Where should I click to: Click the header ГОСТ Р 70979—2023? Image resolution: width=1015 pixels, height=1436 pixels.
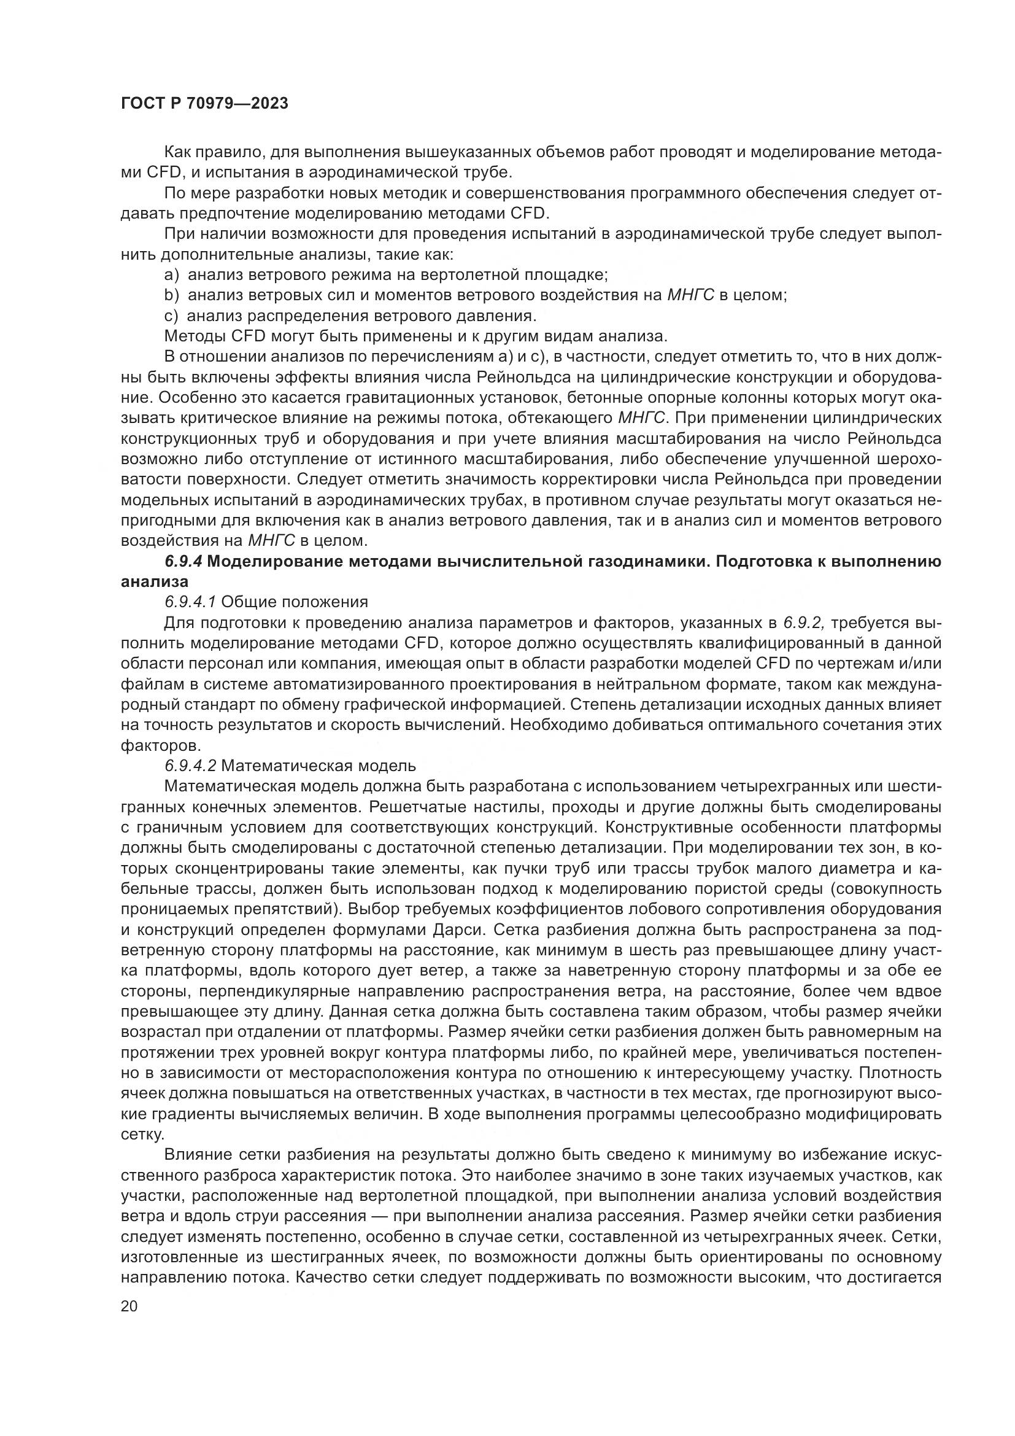point(204,104)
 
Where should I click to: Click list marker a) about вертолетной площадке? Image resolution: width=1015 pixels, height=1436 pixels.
point(171,274)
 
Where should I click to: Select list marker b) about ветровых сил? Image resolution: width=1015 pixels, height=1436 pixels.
point(171,295)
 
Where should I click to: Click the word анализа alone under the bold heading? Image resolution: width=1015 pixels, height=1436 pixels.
point(155,581)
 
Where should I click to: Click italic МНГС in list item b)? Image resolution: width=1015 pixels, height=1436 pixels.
point(690,295)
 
